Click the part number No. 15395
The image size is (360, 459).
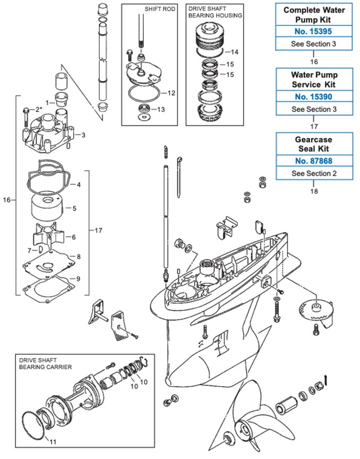[313, 31]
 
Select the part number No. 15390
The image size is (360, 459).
[313, 97]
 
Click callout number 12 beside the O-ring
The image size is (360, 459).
[171, 92]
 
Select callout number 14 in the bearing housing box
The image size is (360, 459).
[235, 52]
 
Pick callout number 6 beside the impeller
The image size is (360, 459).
[73, 237]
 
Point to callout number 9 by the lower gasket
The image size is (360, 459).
[78, 278]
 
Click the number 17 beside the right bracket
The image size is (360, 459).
[99, 231]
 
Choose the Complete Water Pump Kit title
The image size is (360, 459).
[313, 14]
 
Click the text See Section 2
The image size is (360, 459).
[313, 174]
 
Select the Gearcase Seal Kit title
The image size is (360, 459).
[313, 143]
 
